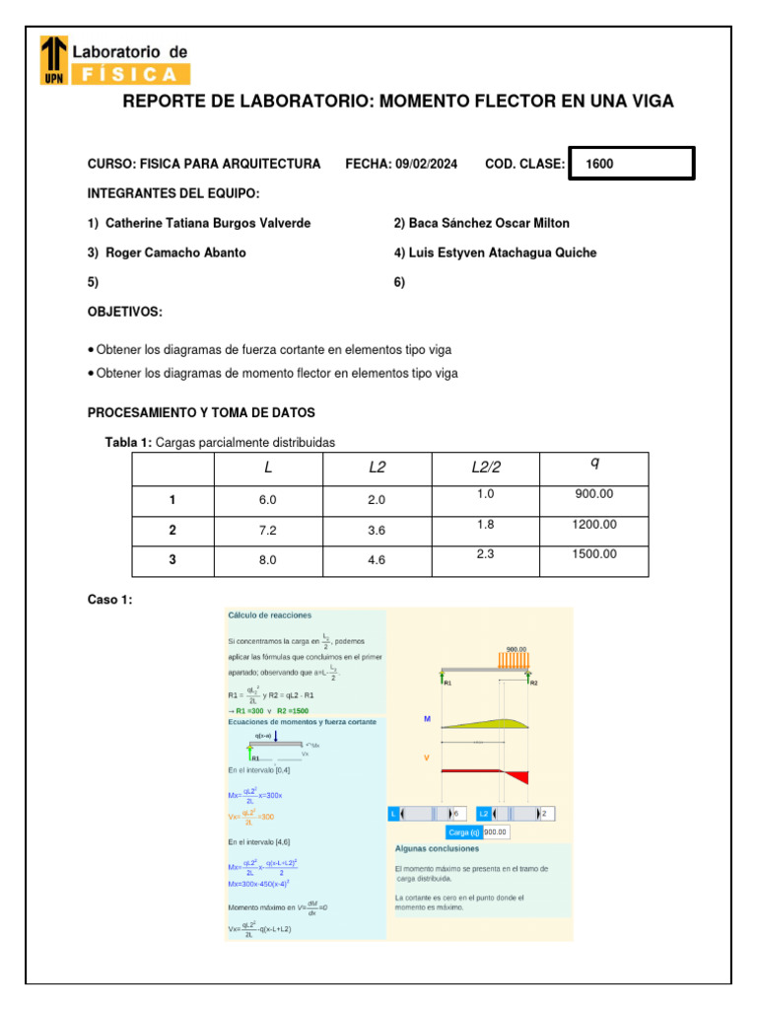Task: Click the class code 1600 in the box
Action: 599,165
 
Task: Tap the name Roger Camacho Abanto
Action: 175,252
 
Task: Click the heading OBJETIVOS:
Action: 125,312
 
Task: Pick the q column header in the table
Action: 594,465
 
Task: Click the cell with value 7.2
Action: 268,531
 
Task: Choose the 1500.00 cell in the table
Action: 593,554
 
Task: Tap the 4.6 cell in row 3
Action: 377,560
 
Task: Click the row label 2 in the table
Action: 172,531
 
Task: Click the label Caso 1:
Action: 109,600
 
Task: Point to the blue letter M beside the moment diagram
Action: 427,720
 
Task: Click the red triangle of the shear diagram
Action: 519,776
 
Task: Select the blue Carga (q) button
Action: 462,832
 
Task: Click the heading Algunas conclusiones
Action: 437,848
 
